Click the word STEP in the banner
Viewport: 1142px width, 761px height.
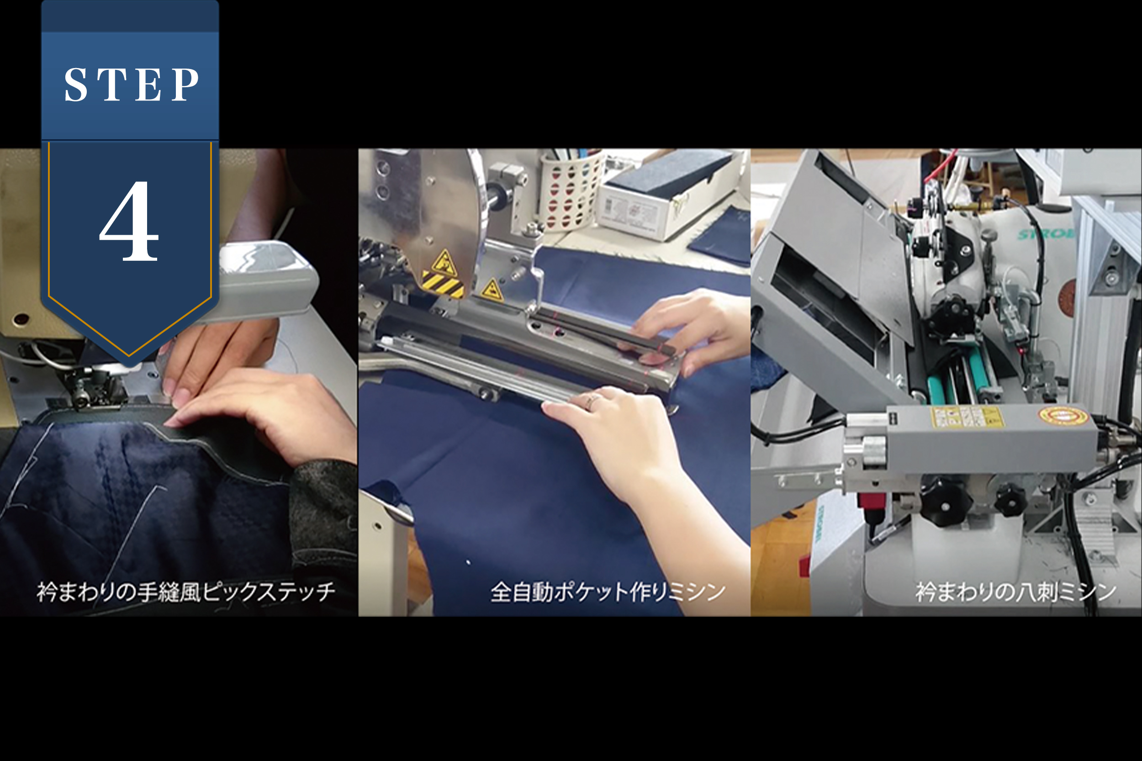point(131,85)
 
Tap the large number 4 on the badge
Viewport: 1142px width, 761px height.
point(130,221)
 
